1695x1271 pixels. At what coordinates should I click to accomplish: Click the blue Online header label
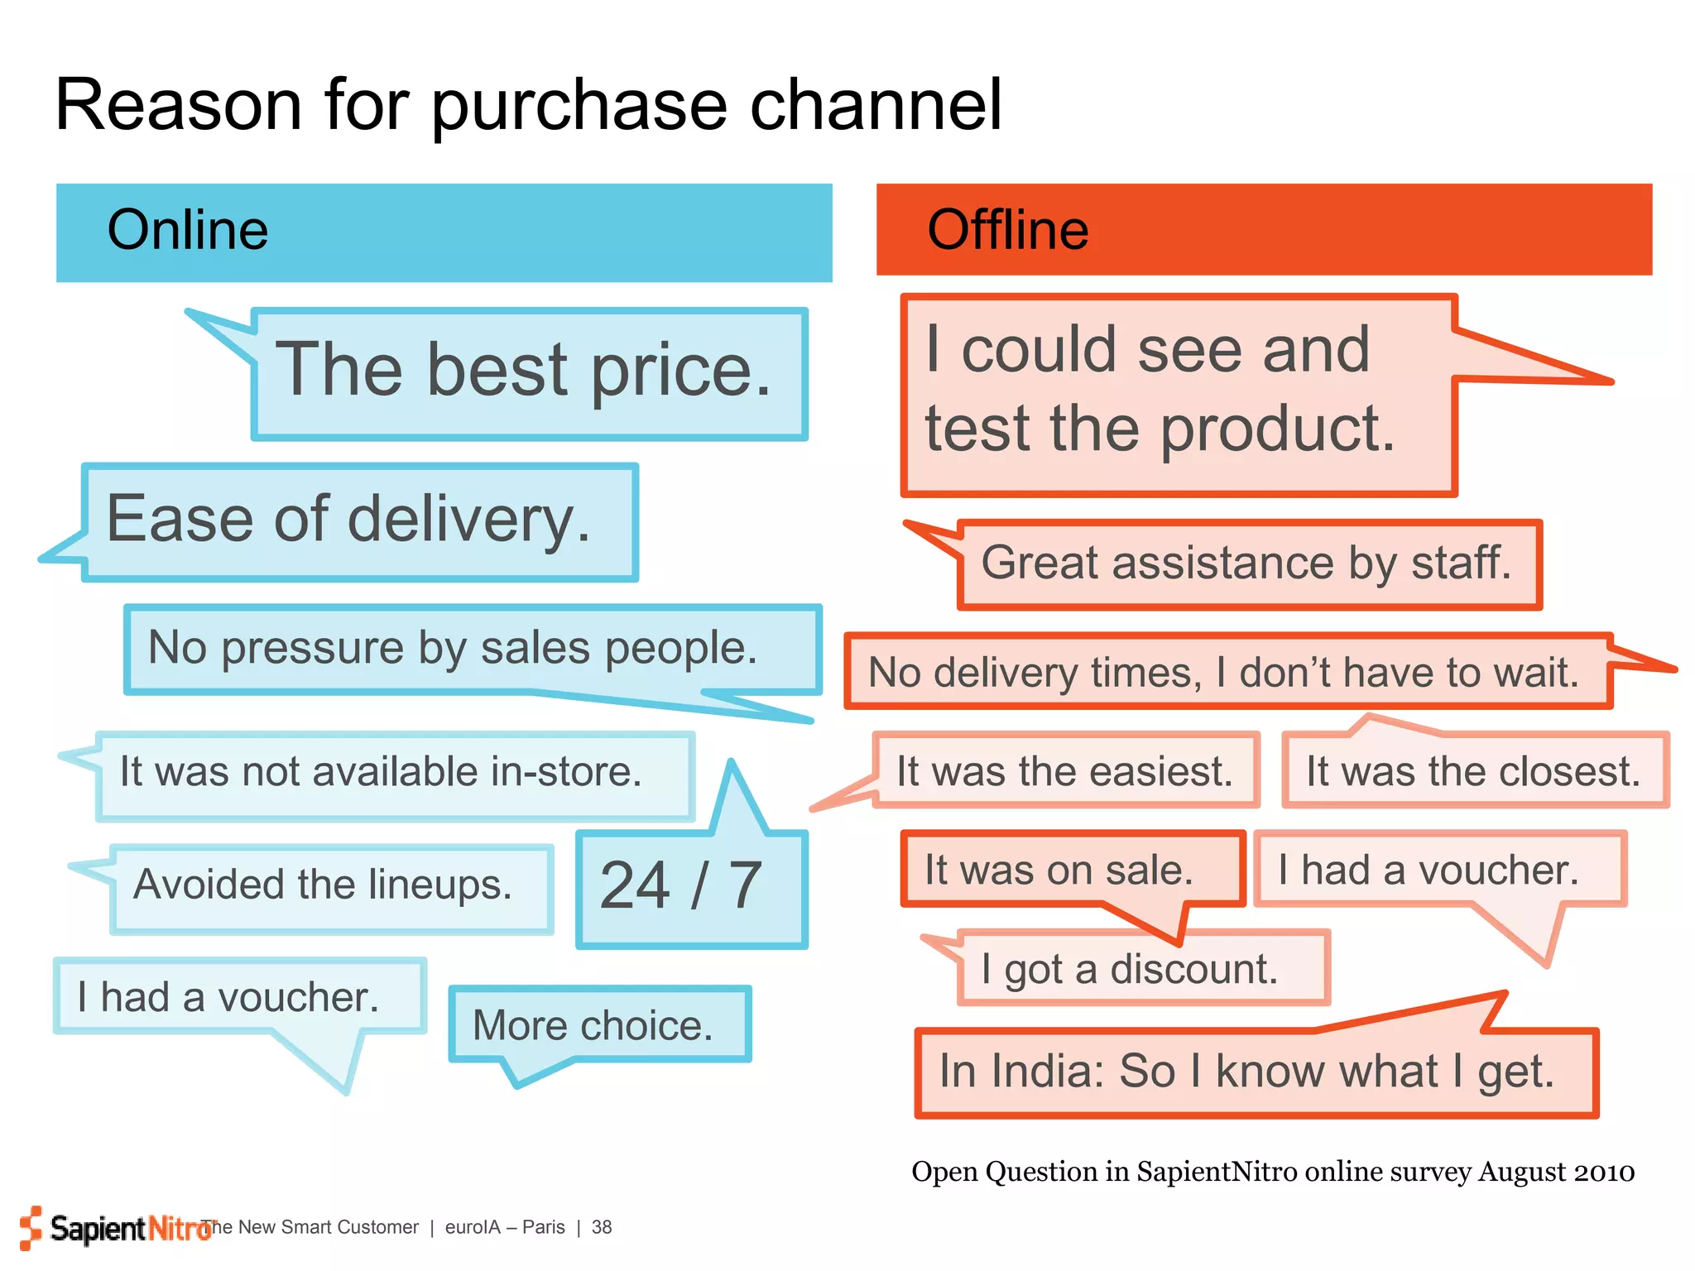pyautogui.click(x=188, y=230)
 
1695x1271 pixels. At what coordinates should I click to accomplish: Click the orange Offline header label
pyautogui.click(x=1007, y=230)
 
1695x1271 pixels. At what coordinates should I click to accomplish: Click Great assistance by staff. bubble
pyautogui.click(x=1246, y=564)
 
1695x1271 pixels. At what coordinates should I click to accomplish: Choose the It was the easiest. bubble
pyautogui.click(x=1064, y=771)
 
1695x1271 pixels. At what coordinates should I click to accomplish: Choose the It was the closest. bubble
pyautogui.click(x=1473, y=771)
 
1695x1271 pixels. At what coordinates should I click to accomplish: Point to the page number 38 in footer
pyautogui.click(x=602, y=1227)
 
